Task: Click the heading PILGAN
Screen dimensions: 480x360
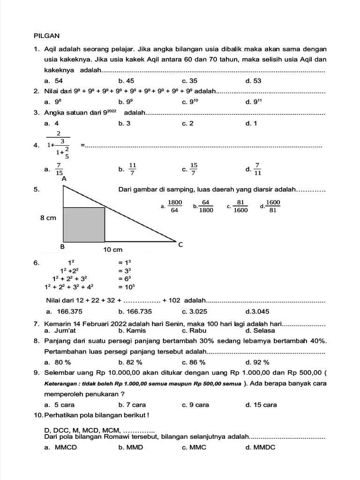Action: [47, 36]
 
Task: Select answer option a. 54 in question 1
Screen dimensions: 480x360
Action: [53, 81]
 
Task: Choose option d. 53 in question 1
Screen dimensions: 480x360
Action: [253, 81]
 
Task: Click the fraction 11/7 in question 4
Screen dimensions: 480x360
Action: [132, 169]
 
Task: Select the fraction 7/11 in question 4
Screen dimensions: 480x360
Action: [257, 169]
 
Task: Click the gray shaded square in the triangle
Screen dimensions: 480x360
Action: [83, 225]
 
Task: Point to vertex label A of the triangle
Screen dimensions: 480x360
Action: [64, 179]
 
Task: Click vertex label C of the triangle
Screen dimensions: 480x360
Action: [180, 244]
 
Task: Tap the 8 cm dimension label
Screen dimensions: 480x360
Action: [48, 217]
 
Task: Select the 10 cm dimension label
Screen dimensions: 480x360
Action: [112, 250]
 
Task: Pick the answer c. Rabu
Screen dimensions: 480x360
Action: [194, 330]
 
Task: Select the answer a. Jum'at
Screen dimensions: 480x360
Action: [59, 330]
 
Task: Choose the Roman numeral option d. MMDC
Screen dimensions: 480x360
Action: [260, 447]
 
